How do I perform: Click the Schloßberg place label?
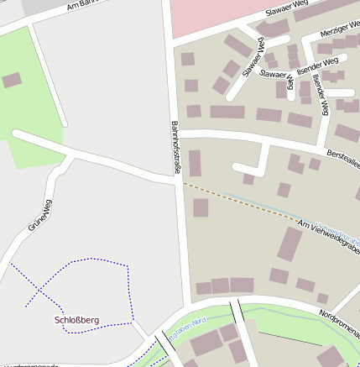[x=76, y=320]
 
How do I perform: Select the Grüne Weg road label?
[x=39, y=215]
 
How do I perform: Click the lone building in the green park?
[x=12, y=81]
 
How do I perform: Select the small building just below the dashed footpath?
[x=201, y=207]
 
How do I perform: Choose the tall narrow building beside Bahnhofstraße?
[x=195, y=163]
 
